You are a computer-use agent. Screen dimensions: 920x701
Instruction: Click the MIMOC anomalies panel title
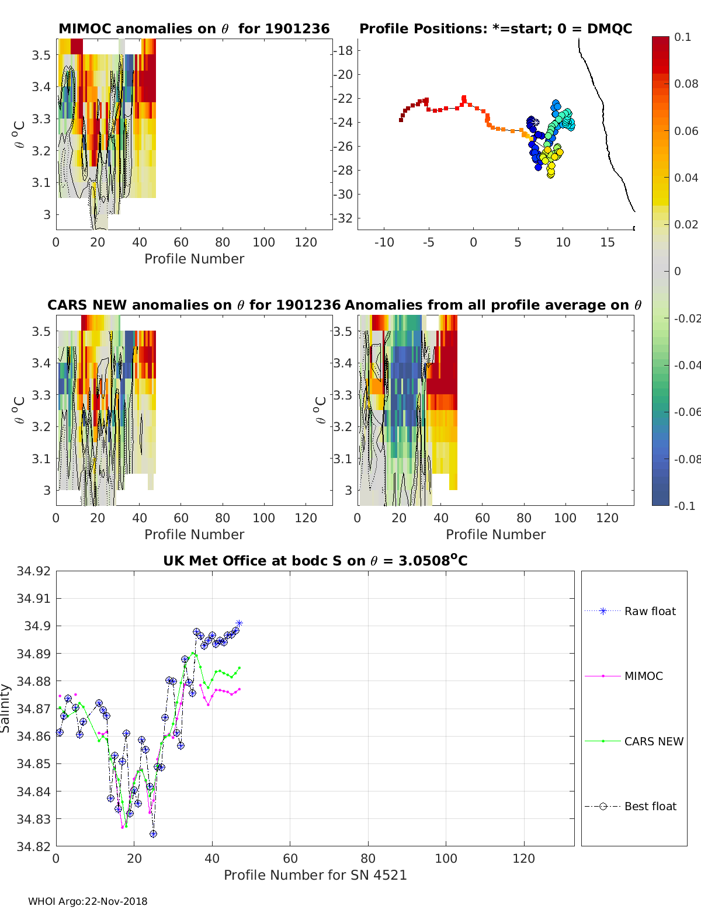pyautogui.click(x=194, y=29)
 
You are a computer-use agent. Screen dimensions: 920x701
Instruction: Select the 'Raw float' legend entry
pyautogui.click(x=650, y=611)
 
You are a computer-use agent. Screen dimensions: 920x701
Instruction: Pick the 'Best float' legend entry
pyautogui.click(x=650, y=806)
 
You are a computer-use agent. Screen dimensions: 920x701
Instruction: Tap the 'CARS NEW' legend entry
pyautogui.click(x=653, y=741)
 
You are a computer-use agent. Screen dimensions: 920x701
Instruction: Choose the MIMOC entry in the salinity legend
pyautogui.click(x=643, y=676)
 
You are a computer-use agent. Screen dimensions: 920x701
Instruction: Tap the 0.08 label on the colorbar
pyautogui.click(x=686, y=84)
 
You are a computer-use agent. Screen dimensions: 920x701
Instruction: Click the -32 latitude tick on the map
pyautogui.click(x=343, y=218)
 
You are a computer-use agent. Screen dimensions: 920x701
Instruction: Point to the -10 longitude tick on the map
pyautogui.click(x=384, y=242)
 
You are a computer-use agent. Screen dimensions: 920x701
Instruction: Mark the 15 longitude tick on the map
pyautogui.click(x=608, y=242)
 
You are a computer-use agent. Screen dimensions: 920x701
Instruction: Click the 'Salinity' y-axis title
pyautogui.click(x=6, y=708)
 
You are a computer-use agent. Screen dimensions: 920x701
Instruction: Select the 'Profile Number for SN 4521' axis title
pyautogui.click(x=315, y=874)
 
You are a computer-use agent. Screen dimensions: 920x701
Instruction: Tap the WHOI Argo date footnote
pyautogui.click(x=88, y=901)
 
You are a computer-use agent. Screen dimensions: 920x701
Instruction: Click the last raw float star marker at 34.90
pyautogui.click(x=239, y=624)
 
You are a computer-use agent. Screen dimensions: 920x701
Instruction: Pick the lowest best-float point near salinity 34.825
pyautogui.click(x=153, y=834)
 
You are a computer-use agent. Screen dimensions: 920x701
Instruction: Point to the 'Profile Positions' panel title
pyautogui.click(x=495, y=29)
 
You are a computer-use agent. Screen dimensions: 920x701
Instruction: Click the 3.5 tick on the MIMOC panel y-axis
pyautogui.click(x=43, y=55)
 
